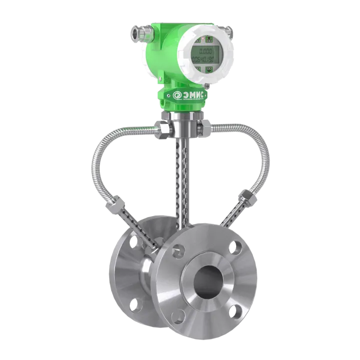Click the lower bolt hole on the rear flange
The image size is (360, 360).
(x=133, y=303)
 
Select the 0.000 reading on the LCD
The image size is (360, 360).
(x=205, y=51)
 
